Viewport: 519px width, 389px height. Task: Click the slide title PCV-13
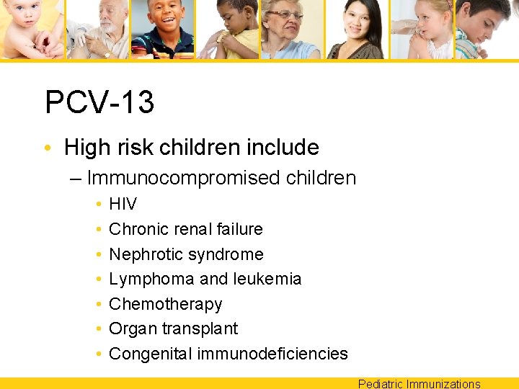(99, 102)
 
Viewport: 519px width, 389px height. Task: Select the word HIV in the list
(123, 205)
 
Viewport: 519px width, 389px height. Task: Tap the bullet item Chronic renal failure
(185, 229)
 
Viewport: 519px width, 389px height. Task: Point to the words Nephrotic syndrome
(186, 254)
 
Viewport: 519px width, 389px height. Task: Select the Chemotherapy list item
(165, 304)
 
